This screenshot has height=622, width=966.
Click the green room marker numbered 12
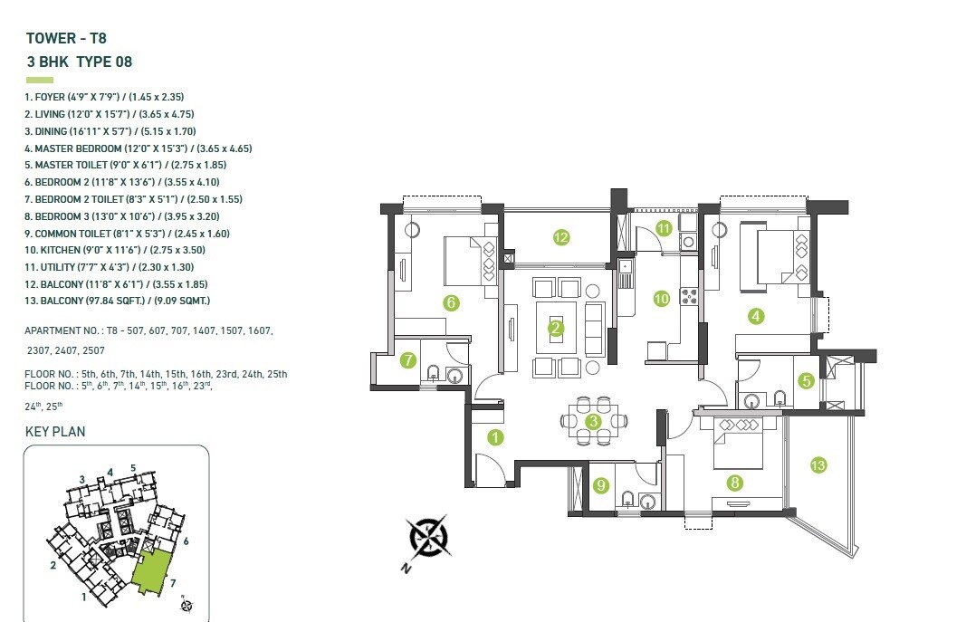pyautogui.click(x=561, y=238)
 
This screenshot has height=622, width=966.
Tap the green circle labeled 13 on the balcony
pyautogui.click(x=818, y=465)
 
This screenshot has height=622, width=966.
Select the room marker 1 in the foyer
pyautogui.click(x=495, y=437)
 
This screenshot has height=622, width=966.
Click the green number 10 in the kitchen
pyautogui.click(x=662, y=298)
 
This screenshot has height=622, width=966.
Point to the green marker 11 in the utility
pyautogui.click(x=664, y=228)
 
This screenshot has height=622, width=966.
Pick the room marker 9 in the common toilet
pyautogui.click(x=600, y=485)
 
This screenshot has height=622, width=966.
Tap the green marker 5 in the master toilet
pyautogui.click(x=806, y=381)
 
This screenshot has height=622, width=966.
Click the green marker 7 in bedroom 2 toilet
pyautogui.click(x=408, y=360)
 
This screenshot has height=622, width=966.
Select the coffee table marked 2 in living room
pyautogui.click(x=556, y=328)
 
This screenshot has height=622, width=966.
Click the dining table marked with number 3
pyautogui.click(x=594, y=421)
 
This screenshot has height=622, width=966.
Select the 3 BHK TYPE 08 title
pyautogui.click(x=80, y=62)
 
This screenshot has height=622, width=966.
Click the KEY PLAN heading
pyautogui.click(x=55, y=432)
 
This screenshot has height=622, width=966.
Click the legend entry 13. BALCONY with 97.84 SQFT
pyautogui.click(x=118, y=301)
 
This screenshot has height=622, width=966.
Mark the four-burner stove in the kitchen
pyautogui.click(x=687, y=296)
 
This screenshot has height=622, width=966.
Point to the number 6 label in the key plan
pyautogui.click(x=185, y=541)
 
